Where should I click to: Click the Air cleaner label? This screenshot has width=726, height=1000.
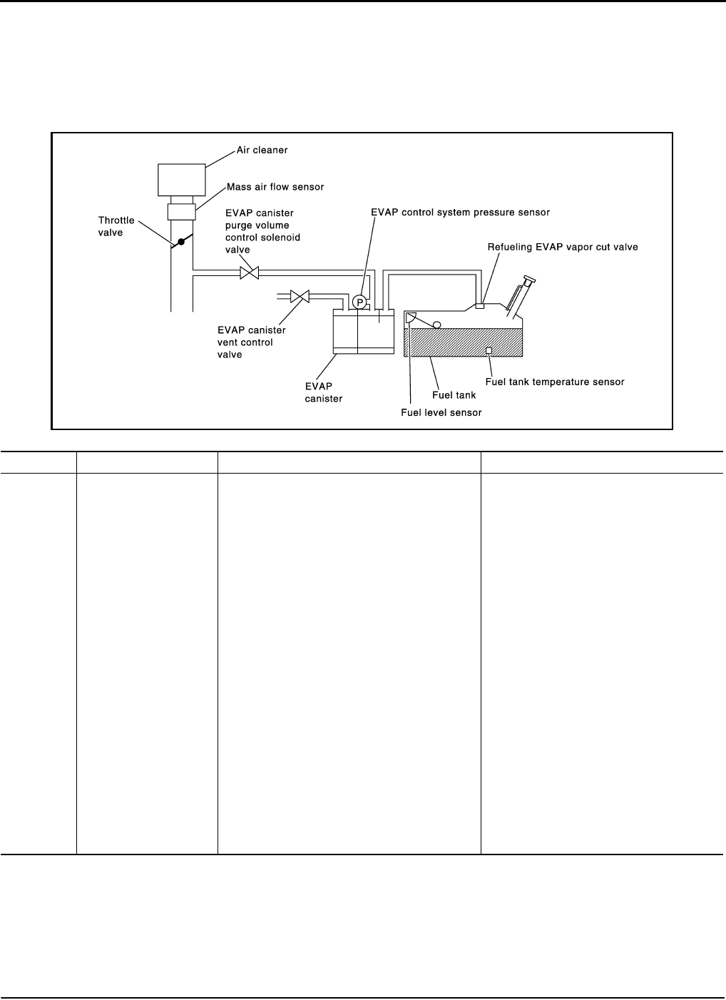coord(262,150)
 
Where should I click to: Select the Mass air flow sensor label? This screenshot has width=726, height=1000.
coord(275,187)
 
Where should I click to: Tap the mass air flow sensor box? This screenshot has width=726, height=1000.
coord(182,212)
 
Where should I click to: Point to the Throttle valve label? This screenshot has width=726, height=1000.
coord(116,226)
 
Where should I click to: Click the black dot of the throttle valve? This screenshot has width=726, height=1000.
coord(181,242)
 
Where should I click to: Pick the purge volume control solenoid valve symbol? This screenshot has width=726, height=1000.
coord(249,272)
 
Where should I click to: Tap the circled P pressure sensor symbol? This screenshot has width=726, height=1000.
coord(360,302)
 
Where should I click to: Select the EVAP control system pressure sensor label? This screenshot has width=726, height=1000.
coord(460,212)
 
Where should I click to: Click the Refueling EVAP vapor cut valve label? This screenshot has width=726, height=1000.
coord(562,247)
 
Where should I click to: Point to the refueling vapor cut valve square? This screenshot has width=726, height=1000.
coord(481,306)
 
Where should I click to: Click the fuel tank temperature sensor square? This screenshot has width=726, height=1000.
coord(489,350)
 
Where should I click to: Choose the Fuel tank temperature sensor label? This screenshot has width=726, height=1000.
coord(555,382)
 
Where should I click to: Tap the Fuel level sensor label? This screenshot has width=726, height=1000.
coord(441,412)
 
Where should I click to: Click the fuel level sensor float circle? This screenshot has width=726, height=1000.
coord(436,325)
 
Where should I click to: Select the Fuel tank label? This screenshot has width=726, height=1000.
coord(454,394)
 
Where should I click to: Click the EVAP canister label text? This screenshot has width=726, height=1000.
coord(323,392)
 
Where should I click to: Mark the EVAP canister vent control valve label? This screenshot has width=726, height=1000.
coord(251,342)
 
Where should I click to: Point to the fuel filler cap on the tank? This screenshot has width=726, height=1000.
coord(528,280)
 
